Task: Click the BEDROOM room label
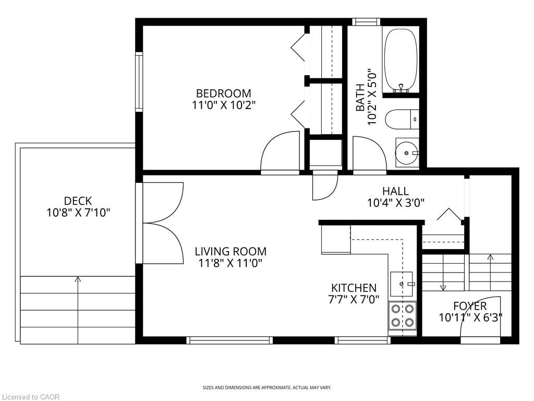point(223,93)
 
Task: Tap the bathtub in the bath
point(400,60)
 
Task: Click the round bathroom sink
point(407,153)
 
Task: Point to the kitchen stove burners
point(402,316)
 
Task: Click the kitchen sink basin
point(402,284)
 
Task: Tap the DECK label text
point(78,200)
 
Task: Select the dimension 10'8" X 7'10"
point(78,213)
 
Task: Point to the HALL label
point(395,191)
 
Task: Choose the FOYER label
point(470,305)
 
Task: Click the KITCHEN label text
point(354,288)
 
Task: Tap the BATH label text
point(360,98)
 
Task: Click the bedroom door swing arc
point(274,143)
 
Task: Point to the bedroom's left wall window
point(139,82)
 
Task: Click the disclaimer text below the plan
point(267,388)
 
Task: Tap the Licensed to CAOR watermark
point(30,397)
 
